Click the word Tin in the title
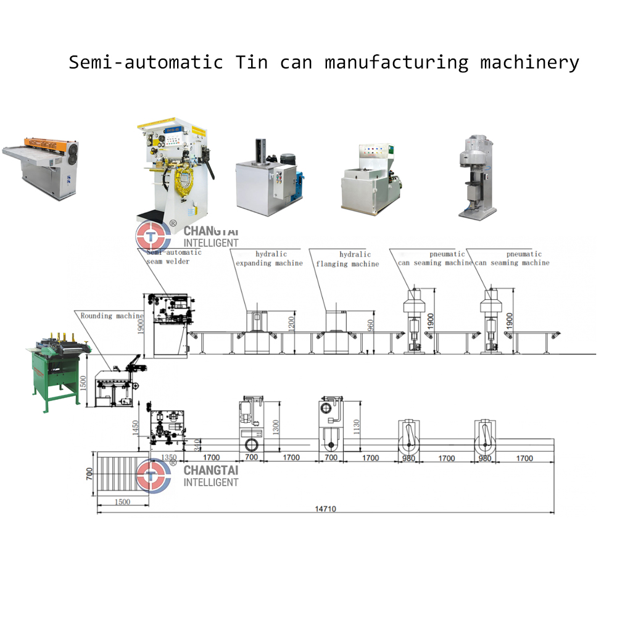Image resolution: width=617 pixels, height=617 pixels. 252,63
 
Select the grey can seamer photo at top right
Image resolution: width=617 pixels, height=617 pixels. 478,176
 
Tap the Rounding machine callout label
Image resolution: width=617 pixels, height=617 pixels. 112,316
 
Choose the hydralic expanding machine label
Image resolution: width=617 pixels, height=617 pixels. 269,259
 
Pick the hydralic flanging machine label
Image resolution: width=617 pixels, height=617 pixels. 348,259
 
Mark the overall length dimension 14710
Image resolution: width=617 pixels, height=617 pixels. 326,509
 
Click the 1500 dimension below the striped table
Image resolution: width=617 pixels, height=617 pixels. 123,502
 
